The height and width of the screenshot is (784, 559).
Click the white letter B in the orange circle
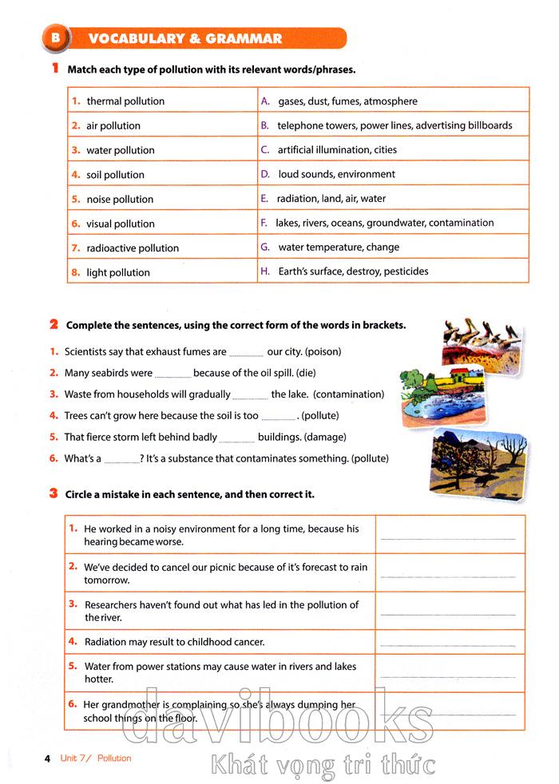click(x=54, y=38)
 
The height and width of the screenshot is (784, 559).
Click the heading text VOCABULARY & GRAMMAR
click(x=184, y=38)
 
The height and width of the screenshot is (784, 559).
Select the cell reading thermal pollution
click(x=125, y=101)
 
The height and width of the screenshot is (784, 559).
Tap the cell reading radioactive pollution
click(x=133, y=248)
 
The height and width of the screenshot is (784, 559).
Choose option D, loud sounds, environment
click(x=336, y=174)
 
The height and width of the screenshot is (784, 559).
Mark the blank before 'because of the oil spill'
click(x=172, y=373)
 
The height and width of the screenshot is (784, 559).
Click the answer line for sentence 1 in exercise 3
click(x=448, y=540)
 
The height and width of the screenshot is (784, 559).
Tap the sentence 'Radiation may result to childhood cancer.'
click(x=174, y=642)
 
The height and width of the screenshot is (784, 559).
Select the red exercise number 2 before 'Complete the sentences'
click(x=54, y=324)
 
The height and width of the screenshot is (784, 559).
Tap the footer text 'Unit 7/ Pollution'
click(x=95, y=758)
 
